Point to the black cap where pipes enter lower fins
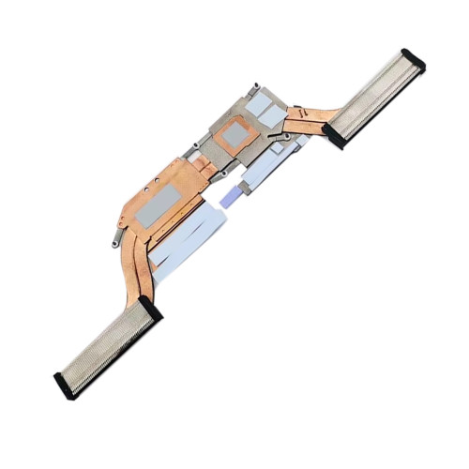tap(148, 309)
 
